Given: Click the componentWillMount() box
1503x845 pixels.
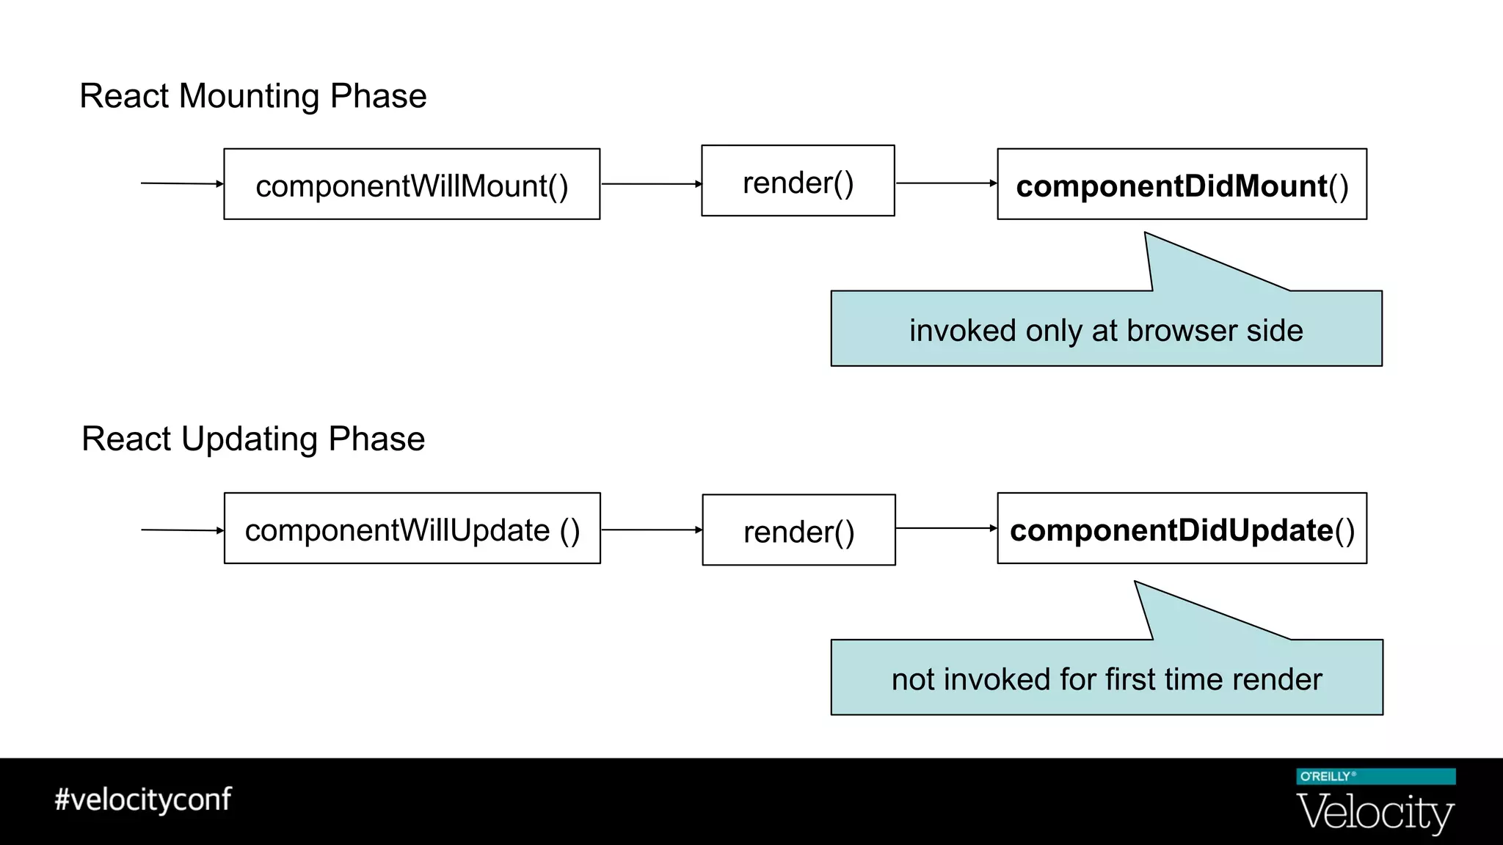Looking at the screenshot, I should click(x=412, y=184).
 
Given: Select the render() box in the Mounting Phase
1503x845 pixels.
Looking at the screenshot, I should click(x=798, y=181).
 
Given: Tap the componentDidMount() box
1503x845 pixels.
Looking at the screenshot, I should click(x=1182, y=184).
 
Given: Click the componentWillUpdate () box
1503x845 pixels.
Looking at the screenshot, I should click(x=412, y=528).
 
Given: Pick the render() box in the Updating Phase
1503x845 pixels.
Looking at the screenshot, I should click(x=798, y=530).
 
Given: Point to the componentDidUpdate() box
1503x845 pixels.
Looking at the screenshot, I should click(x=1182, y=528).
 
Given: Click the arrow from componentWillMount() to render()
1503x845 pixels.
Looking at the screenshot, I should click(x=651, y=184).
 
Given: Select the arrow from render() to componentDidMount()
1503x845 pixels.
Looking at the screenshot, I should click(x=946, y=183).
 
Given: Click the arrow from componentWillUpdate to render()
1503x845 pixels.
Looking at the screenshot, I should click(x=651, y=530).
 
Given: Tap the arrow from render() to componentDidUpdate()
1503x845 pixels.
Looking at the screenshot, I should click(x=946, y=528).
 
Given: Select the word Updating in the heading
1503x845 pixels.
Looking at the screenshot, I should click(x=250, y=439).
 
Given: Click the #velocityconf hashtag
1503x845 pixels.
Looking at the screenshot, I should click(x=143, y=800).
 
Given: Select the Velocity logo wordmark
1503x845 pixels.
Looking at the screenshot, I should click(x=1375, y=813).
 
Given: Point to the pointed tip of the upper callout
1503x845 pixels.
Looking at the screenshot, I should click(x=1146, y=235).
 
